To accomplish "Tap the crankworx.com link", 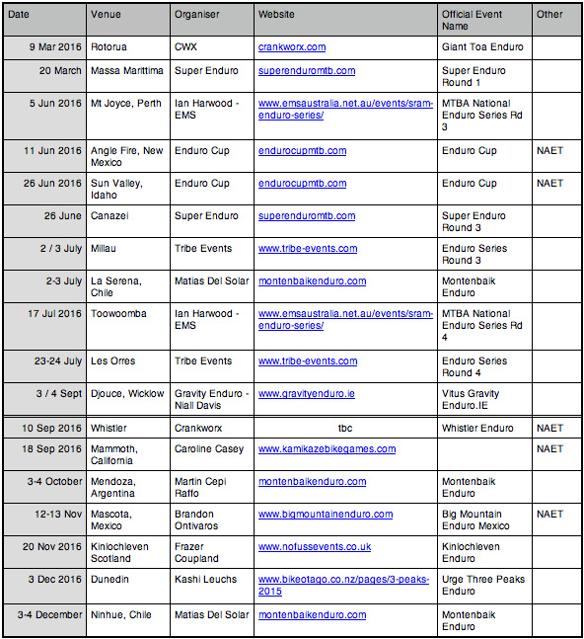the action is coord(292,46).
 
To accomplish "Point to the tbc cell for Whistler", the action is coord(344,429).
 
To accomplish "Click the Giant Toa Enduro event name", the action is coord(482,46).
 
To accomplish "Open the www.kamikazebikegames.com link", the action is coord(327,448).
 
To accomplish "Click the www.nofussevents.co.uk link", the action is coord(315,546).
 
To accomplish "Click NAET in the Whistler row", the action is coord(549,429).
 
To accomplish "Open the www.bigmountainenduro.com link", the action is coord(326,515).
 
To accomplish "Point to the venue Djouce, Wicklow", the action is coord(127,394).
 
